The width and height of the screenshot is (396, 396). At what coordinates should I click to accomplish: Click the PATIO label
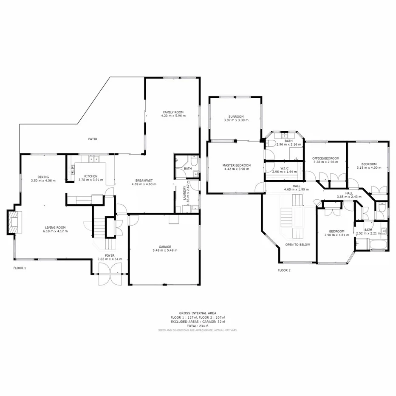coord(92,139)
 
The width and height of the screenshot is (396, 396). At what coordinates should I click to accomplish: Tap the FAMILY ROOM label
coord(173,112)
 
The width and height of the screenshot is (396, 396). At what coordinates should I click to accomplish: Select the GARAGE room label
coord(165,247)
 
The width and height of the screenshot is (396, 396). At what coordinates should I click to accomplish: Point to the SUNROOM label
coord(236,116)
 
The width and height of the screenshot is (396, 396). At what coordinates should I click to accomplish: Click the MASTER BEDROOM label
coord(236,165)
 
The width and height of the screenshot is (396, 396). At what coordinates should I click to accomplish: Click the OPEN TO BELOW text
coord(297,245)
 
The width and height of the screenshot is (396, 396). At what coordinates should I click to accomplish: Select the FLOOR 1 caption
coord(20,268)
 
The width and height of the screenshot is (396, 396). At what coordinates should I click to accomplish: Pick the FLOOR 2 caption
coord(284,270)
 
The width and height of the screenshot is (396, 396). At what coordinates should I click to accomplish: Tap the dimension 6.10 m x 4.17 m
coord(55,231)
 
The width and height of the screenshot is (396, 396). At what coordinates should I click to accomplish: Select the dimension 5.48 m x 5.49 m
coord(165,250)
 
